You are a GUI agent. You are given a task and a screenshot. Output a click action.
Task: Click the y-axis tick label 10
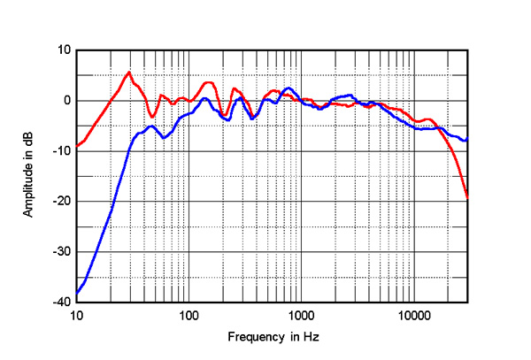64,50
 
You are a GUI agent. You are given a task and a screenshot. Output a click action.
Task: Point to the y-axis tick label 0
66,101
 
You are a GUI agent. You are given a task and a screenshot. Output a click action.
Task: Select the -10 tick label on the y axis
62,151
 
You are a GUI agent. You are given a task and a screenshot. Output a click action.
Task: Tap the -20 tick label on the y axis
62,202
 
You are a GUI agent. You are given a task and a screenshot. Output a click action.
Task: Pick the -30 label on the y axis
62,252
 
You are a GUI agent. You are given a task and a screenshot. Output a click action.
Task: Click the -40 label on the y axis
62,302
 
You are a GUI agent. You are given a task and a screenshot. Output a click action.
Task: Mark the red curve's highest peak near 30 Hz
129,73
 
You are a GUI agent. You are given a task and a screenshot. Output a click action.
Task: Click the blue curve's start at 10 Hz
77,293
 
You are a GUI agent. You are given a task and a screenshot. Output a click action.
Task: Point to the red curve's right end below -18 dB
467,196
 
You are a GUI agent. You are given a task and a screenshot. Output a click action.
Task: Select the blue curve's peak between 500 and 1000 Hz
288,88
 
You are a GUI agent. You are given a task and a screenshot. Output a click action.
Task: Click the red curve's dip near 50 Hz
152,117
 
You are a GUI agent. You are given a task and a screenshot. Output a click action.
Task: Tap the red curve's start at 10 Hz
77,145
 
